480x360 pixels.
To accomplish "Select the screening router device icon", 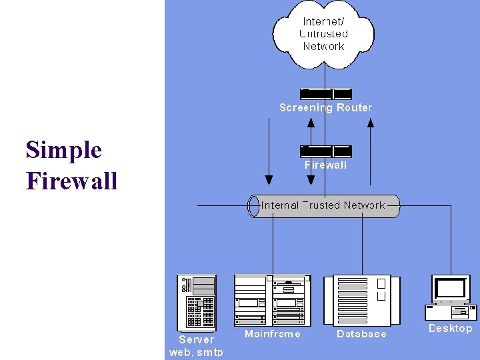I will [x=325, y=94].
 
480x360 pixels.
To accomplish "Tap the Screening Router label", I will [x=325, y=107].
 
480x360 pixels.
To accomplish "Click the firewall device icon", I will [x=325, y=151].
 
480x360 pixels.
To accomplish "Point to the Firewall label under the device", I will [x=325, y=165].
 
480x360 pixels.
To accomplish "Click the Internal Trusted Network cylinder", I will [x=323, y=206].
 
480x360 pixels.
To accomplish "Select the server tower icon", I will [x=196, y=303].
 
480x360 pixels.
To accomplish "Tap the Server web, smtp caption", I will [x=196, y=345].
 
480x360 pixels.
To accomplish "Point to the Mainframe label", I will [x=272, y=333].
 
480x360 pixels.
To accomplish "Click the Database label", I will [x=361, y=333].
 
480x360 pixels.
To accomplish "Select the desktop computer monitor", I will [x=451, y=289].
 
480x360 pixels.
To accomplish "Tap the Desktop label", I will [x=450, y=328].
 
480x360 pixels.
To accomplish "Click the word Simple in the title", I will [x=64, y=150].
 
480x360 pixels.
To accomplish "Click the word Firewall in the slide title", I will [x=72, y=180].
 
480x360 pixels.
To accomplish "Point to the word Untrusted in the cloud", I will [x=324, y=33].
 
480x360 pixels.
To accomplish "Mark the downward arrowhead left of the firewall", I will [x=269, y=179].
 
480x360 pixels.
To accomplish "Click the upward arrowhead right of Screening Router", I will [x=371, y=122].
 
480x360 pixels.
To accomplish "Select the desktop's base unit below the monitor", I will [x=451, y=312].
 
